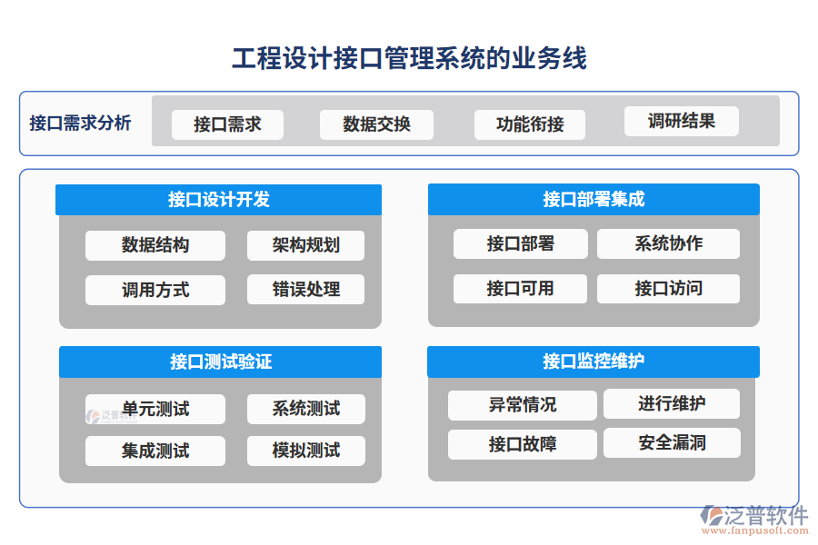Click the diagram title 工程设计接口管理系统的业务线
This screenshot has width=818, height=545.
click(x=409, y=59)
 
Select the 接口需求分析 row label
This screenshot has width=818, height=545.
click(x=80, y=123)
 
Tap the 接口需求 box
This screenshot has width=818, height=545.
click(x=227, y=124)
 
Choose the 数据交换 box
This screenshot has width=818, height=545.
click(x=376, y=124)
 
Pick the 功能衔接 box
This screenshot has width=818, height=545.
click(x=530, y=124)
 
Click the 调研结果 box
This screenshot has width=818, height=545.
click(x=681, y=121)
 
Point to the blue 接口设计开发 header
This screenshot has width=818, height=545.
click(x=218, y=200)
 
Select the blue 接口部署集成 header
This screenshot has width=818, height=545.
click(x=594, y=200)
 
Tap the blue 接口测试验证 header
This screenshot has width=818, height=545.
click(x=220, y=362)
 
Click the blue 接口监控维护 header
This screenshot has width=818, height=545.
click(x=593, y=362)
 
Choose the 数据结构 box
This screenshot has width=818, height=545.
click(x=155, y=245)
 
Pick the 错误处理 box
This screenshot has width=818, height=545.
click(x=305, y=290)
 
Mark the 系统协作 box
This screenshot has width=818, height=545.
click(x=668, y=243)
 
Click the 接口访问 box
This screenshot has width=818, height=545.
click(x=668, y=289)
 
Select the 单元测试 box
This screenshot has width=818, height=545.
click(x=155, y=409)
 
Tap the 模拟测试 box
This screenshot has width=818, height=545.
click(x=305, y=451)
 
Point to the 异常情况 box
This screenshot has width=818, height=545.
click(x=522, y=405)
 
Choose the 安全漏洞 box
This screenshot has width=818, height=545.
click(x=672, y=443)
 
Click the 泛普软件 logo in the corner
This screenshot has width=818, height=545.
click(x=753, y=515)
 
